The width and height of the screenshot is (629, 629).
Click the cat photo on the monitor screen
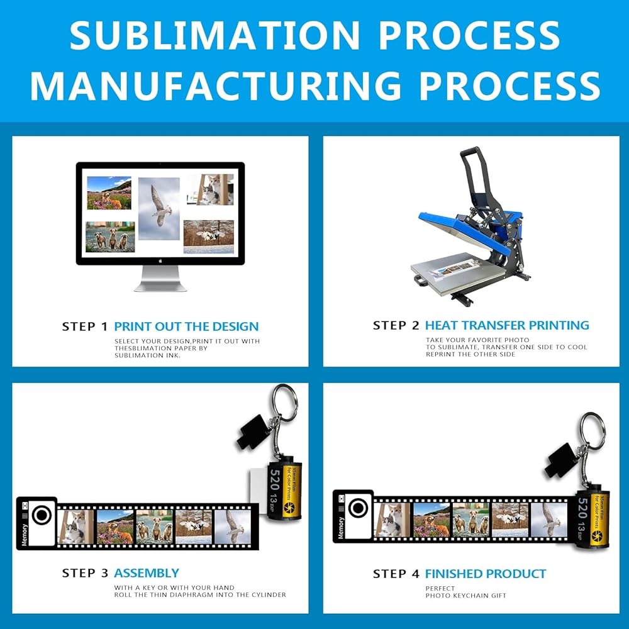pyautogui.click(x=209, y=189)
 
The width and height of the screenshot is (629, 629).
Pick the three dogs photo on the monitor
pyautogui.click(x=110, y=237)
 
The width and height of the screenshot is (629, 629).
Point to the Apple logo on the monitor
pyautogui.click(x=160, y=260)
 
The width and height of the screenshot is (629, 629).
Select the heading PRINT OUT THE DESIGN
pyautogui.click(x=186, y=326)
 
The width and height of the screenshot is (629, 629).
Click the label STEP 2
pyautogui.click(x=396, y=325)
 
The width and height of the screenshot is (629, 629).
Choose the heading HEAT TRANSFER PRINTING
pyautogui.click(x=507, y=325)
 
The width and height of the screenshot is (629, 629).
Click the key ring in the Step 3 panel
pyautogui.click(x=284, y=402)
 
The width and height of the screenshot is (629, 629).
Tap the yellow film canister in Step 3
pyautogui.click(x=285, y=491)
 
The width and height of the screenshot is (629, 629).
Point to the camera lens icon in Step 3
pyautogui.click(x=42, y=516)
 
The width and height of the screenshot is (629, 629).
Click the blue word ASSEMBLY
pyautogui.click(x=147, y=573)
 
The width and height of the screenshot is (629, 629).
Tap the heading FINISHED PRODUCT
pyautogui.click(x=486, y=574)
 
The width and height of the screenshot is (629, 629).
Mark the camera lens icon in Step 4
pyautogui.click(x=358, y=508)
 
